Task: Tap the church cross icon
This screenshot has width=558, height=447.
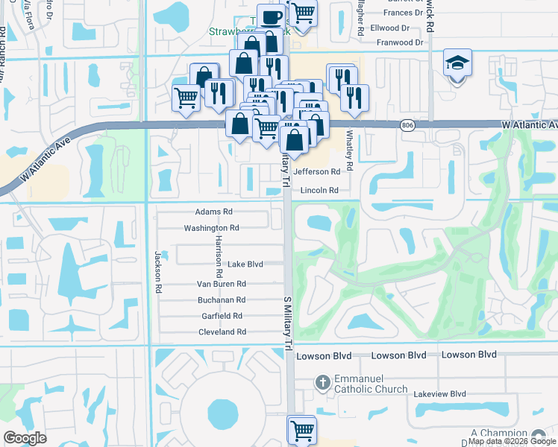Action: point(322,381)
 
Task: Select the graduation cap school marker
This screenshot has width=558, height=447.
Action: point(457,63)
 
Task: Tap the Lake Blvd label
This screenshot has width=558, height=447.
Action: point(245,264)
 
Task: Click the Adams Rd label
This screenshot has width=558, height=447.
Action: point(213,212)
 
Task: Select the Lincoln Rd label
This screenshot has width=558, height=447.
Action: point(320,191)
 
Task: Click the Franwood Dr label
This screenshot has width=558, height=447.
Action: point(400,42)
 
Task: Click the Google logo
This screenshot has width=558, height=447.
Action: point(25,438)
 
